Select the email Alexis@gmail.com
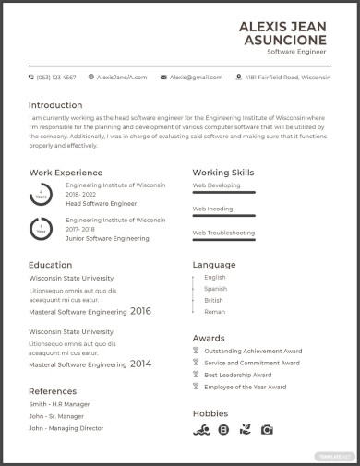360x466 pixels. point(196,78)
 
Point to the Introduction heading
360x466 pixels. point(55,104)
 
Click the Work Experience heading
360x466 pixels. point(66,173)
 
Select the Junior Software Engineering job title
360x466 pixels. point(107,238)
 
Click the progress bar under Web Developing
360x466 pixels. point(223,192)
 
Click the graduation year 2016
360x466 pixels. point(140,311)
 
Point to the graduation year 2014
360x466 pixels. point(140,364)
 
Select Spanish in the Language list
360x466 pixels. point(215,289)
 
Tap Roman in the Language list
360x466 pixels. point(214,312)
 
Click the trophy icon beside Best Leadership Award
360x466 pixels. point(196,376)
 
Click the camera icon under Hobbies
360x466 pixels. point(267,430)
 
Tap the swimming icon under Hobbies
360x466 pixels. point(200,430)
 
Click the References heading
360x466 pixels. point(52,391)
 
